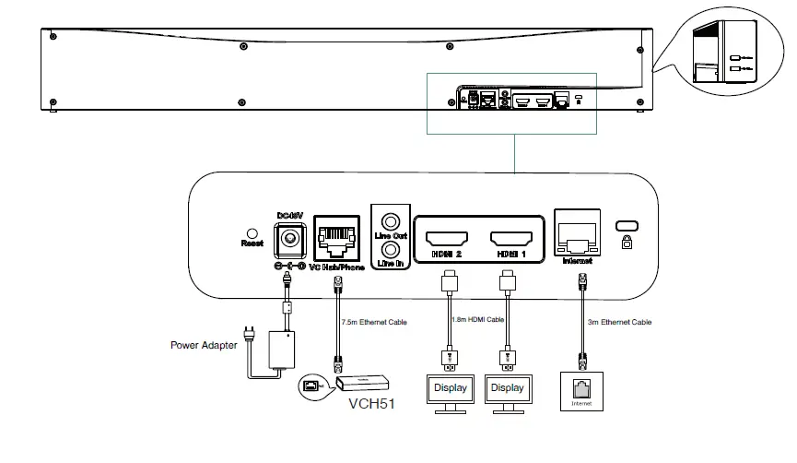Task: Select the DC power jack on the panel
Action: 290,239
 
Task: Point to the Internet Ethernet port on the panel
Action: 578,236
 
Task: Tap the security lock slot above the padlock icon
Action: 627,226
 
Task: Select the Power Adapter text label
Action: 204,346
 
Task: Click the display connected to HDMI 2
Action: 451,389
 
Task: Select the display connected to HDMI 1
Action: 507,389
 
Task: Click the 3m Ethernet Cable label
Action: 620,322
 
